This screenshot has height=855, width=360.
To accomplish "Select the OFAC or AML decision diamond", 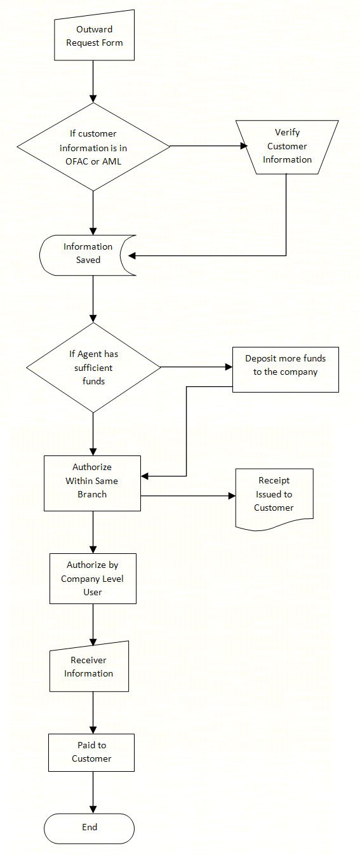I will [x=94, y=147].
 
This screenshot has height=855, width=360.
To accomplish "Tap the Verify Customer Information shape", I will [x=286, y=147].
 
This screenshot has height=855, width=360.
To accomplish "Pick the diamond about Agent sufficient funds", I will [x=93, y=367].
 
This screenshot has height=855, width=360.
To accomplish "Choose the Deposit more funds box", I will [x=285, y=369].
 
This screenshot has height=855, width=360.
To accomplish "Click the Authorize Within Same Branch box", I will [x=92, y=482].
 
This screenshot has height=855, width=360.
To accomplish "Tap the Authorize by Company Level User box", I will [x=93, y=578].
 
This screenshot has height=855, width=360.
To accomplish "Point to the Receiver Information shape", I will [x=89, y=668].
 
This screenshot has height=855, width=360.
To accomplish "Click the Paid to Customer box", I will [x=91, y=753].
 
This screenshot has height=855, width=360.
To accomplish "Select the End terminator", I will [x=90, y=828].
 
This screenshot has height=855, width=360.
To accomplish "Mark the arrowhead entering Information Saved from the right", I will [x=133, y=256].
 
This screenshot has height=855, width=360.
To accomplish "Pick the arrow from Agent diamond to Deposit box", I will [x=196, y=367].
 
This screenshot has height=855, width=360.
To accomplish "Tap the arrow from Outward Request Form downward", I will [x=93, y=82].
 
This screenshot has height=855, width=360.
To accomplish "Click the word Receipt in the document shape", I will [x=274, y=481].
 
